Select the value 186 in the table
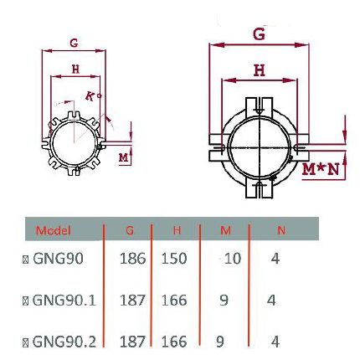click(132, 260)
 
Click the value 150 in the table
click(173, 260)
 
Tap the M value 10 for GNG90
click(232, 260)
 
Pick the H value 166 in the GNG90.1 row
click(173, 300)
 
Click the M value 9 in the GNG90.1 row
click(224, 300)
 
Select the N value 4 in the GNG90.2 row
click(275, 341)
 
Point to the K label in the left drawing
click(90, 95)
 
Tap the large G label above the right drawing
click(259, 34)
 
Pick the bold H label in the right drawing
click(260, 72)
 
